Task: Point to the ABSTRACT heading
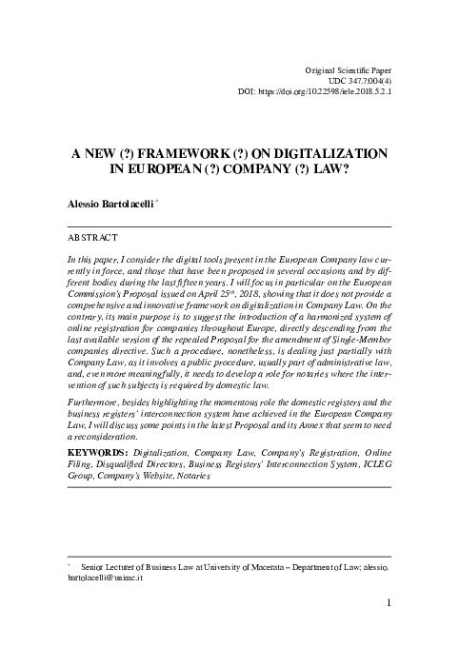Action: pyautogui.click(x=92, y=235)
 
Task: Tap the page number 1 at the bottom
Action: pyautogui.click(x=391, y=602)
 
